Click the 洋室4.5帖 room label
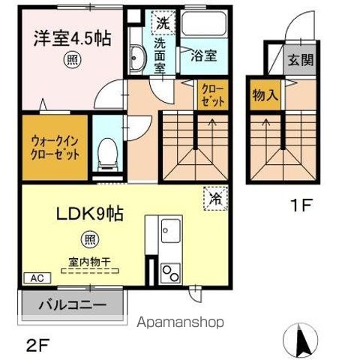[x=72, y=38]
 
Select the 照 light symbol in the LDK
[x=90, y=239]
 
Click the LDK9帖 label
[x=90, y=214]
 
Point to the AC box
[x=37, y=278]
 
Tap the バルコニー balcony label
[x=73, y=305]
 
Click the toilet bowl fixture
[x=108, y=154]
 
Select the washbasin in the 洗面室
[x=137, y=58]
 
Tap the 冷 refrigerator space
[x=215, y=199]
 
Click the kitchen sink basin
[x=171, y=230]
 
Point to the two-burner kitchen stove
[x=170, y=273]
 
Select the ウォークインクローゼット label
[x=55, y=148]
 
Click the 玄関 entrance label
[x=301, y=60]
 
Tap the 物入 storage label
[x=265, y=95]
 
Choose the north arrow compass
[x=300, y=340]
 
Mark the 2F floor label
[x=38, y=345]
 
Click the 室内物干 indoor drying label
[x=90, y=262]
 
